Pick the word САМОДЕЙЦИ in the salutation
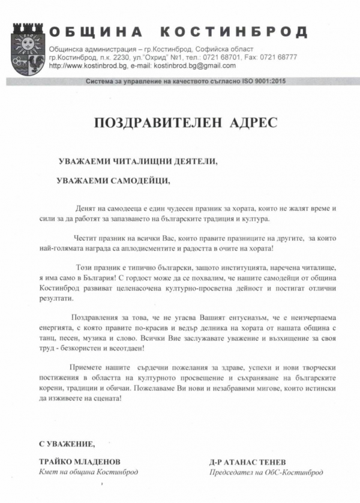139,179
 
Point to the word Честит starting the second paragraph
86,238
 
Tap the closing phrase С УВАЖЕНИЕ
67,444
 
